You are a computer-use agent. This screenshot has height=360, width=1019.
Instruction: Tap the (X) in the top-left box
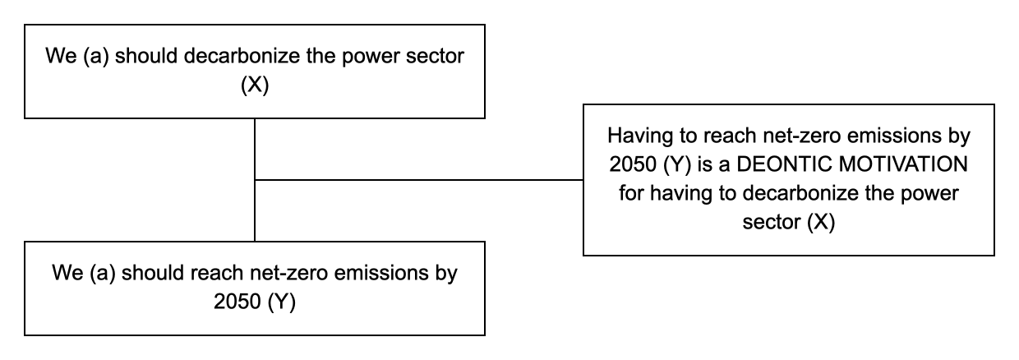coord(255,85)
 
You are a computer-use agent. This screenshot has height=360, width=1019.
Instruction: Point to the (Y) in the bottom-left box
coord(282,302)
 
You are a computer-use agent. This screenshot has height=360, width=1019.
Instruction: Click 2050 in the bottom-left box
coord(237,302)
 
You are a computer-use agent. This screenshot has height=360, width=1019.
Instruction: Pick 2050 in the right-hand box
coord(633,164)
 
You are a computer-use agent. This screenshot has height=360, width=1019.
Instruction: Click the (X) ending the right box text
coord(821,222)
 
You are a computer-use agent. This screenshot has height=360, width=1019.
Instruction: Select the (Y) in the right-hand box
coord(677,164)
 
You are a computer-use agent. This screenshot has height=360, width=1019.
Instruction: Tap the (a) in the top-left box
coord(96,57)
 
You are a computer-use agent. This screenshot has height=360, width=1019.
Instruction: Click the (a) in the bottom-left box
coord(103,273)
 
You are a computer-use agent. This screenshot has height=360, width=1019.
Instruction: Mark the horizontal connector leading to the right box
coord(419,180)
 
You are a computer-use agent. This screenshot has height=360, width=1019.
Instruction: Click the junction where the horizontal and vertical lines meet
coord(255,180)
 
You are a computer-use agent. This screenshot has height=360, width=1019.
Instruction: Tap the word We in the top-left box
coord(61,57)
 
